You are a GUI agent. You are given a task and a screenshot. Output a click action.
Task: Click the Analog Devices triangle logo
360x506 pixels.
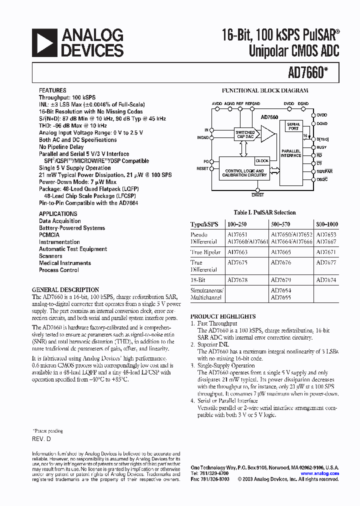pos(44,42)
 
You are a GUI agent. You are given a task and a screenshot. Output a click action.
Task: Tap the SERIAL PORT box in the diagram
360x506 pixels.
pos(294,126)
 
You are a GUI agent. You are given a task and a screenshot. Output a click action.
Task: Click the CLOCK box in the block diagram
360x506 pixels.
pos(262,161)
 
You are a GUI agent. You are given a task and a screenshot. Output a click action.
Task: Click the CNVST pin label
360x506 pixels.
pos(257,195)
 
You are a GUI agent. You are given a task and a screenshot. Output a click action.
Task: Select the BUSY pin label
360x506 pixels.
pos(322,147)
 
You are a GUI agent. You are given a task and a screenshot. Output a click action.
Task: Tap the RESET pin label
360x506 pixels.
pos(202,169)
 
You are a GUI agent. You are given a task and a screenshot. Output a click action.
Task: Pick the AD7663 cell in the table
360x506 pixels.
pos(237,252)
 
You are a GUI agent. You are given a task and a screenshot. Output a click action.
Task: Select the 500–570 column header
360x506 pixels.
pos(280,224)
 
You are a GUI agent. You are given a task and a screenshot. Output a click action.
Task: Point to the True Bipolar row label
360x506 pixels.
pos(205,252)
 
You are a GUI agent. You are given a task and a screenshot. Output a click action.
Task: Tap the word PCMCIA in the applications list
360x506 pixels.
pos(49,235)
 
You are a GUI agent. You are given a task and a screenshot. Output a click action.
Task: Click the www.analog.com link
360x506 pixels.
pos(319,473)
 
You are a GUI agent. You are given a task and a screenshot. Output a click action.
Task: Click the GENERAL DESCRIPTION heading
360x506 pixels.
pos(65,290)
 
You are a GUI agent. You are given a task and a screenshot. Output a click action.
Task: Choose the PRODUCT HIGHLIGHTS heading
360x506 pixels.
pos(223,316)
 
